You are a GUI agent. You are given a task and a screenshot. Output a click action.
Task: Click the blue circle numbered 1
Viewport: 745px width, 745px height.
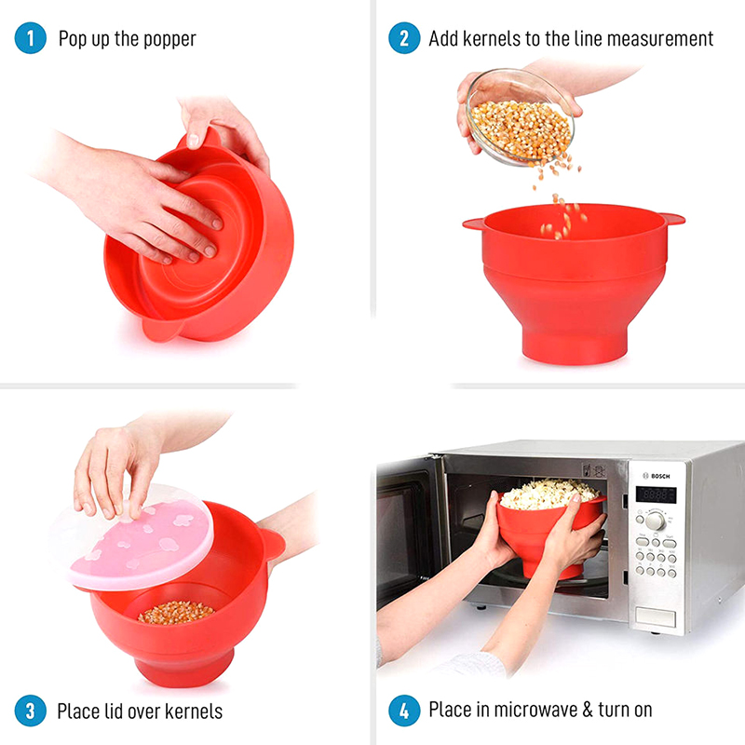point(31,38)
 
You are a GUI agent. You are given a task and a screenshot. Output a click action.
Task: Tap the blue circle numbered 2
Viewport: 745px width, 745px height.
point(404,38)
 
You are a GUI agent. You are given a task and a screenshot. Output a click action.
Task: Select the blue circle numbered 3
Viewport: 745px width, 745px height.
point(31,711)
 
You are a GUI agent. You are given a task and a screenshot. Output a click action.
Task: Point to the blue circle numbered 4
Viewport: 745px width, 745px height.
point(404,711)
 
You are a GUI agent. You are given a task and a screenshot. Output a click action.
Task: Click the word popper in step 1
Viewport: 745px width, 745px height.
point(169,40)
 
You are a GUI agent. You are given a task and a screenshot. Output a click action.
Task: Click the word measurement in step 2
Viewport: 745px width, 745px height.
point(660,38)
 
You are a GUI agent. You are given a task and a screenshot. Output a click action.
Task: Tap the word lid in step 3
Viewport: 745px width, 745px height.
point(112,711)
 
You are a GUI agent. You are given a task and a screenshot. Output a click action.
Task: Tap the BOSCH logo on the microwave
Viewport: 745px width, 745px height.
point(657,476)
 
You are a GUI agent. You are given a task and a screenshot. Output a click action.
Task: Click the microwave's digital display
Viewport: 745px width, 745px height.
point(657,495)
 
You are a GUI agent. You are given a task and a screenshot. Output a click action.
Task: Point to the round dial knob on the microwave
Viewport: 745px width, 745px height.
point(656,521)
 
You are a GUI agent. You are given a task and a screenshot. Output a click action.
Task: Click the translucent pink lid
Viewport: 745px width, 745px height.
point(134,536)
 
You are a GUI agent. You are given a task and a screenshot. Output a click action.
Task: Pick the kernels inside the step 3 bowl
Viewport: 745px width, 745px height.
point(176,613)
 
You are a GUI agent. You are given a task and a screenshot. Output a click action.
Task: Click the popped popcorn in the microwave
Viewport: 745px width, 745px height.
point(549,494)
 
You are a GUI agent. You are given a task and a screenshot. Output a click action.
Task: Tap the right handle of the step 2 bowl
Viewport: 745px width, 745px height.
point(671,219)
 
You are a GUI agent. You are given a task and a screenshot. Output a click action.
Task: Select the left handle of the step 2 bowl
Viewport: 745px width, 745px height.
point(473,223)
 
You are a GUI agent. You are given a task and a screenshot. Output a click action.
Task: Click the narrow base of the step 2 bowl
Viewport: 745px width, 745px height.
point(572,345)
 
